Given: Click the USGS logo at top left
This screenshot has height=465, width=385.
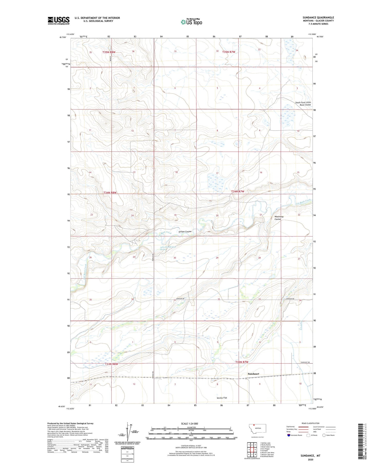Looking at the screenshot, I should [x=59, y=21].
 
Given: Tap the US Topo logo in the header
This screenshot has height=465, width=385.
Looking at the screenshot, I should [x=191, y=22].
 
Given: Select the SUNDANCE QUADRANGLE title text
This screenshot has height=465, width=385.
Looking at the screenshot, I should [x=318, y=18].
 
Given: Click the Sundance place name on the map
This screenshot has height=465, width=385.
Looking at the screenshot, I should [x=253, y=374].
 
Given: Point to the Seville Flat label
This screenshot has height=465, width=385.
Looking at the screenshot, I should [x=222, y=398].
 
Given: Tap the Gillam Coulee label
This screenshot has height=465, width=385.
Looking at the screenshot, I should [x=185, y=232].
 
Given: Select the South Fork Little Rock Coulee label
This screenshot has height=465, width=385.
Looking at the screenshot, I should [x=303, y=104].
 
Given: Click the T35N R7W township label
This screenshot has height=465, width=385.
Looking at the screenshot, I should [x=229, y=52].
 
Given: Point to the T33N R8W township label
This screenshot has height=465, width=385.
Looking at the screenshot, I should [x=111, y=364].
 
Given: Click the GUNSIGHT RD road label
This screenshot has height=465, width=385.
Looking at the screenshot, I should [x=305, y=362].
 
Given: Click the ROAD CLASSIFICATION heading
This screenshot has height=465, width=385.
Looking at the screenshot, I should [x=310, y=423].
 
